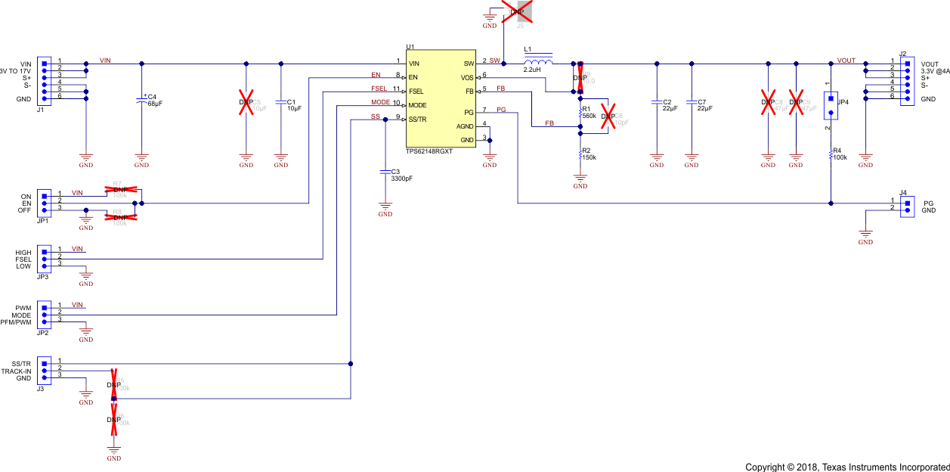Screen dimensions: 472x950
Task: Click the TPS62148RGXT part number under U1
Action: click(429, 152)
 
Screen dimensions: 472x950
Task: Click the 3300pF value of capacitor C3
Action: click(401, 179)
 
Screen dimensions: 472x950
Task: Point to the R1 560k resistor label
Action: click(589, 113)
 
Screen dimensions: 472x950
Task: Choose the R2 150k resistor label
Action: click(589, 154)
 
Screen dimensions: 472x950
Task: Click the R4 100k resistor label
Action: click(840, 154)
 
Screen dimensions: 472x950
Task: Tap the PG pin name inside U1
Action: click(469, 112)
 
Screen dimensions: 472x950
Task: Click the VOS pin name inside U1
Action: click(467, 77)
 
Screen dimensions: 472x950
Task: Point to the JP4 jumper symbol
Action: click(831, 106)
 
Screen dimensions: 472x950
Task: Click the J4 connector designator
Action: click(903, 192)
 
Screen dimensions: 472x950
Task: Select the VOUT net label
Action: click(846, 60)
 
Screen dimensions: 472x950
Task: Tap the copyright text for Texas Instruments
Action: click(847, 466)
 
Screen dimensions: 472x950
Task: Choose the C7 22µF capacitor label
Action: click(701, 105)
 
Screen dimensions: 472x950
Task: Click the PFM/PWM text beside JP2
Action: click(16, 323)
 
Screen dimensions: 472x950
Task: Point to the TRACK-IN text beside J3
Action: click(16, 371)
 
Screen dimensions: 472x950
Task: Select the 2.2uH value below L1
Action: click(533, 70)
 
